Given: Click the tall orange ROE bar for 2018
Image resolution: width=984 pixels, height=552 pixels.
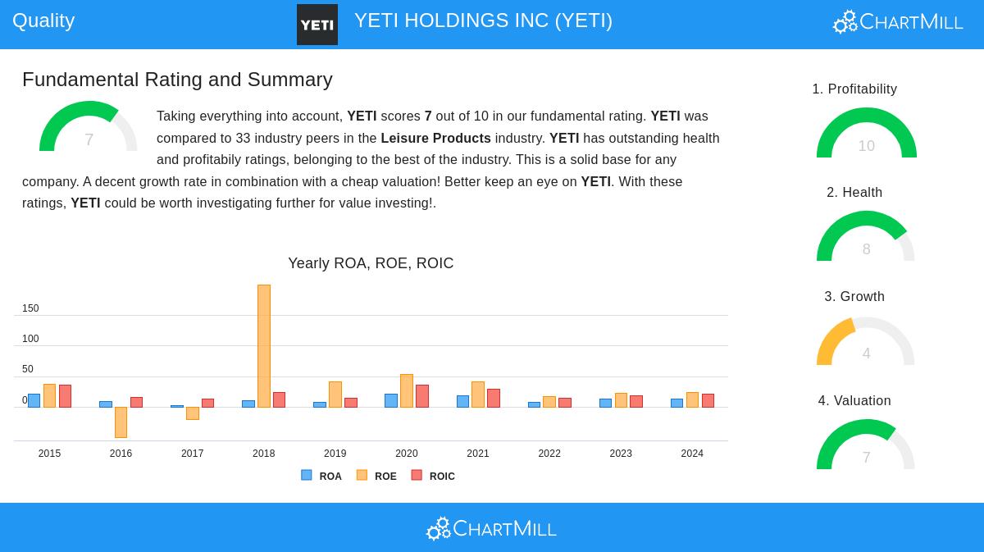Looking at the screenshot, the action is pos(264,346).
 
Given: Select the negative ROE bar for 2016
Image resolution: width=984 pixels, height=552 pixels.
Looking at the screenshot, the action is pos(121,422).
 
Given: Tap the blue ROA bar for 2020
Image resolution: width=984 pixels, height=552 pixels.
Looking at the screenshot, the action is pos(391,400).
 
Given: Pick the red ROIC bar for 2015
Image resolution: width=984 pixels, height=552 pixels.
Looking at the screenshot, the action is pos(65,396).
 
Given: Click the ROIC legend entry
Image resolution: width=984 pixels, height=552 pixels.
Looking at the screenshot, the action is pos(433,476).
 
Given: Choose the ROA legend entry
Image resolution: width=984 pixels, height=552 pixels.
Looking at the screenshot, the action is pos(321,476).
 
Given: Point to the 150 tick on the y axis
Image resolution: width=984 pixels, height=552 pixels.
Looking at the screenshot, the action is pos(30,308).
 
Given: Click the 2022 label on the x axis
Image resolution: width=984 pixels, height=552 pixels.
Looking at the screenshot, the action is pos(549,453).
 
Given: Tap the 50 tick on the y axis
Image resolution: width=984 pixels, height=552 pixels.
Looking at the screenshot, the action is pos(28,369).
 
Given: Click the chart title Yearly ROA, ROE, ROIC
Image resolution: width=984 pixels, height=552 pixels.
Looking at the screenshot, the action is pos(371,262).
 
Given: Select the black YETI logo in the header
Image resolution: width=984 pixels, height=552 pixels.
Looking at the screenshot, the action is pos(317,25).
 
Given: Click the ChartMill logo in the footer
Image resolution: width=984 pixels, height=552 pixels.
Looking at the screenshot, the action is pos(491,528).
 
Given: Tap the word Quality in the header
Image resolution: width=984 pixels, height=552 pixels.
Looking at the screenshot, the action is pos(43,21).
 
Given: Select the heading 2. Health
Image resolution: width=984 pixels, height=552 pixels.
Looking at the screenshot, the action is pos(854,192).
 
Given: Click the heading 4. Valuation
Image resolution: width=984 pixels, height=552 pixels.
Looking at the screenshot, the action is pos(854,400).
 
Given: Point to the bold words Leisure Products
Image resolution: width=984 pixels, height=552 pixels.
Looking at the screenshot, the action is pos(435,138).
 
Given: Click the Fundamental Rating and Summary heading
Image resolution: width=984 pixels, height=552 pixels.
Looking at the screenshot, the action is pos(177,80).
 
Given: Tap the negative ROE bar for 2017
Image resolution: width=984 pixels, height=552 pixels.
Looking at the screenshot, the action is pos(193,413).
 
